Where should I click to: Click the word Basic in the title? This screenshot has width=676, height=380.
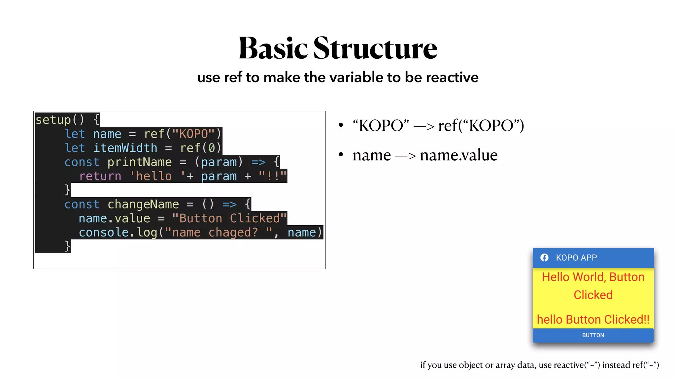[273, 48]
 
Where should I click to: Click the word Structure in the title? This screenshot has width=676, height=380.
[375, 48]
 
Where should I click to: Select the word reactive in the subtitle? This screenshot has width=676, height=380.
[452, 78]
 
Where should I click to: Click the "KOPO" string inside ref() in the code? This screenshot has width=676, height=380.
[193, 134]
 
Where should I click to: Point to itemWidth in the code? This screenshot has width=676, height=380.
[125, 148]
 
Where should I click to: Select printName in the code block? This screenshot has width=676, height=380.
[139, 162]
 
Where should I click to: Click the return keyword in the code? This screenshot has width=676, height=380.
[100, 176]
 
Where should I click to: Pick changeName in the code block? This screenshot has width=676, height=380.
[143, 205]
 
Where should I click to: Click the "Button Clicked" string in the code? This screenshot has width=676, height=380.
[229, 218]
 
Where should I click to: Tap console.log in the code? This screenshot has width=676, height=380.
[118, 233]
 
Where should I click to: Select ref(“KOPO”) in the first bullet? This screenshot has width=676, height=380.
[481, 126]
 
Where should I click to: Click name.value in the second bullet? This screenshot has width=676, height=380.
[458, 155]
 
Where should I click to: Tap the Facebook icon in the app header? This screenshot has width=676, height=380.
[544, 258]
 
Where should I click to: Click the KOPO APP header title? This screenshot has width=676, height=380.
[576, 258]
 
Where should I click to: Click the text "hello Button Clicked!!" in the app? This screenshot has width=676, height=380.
[593, 319]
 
